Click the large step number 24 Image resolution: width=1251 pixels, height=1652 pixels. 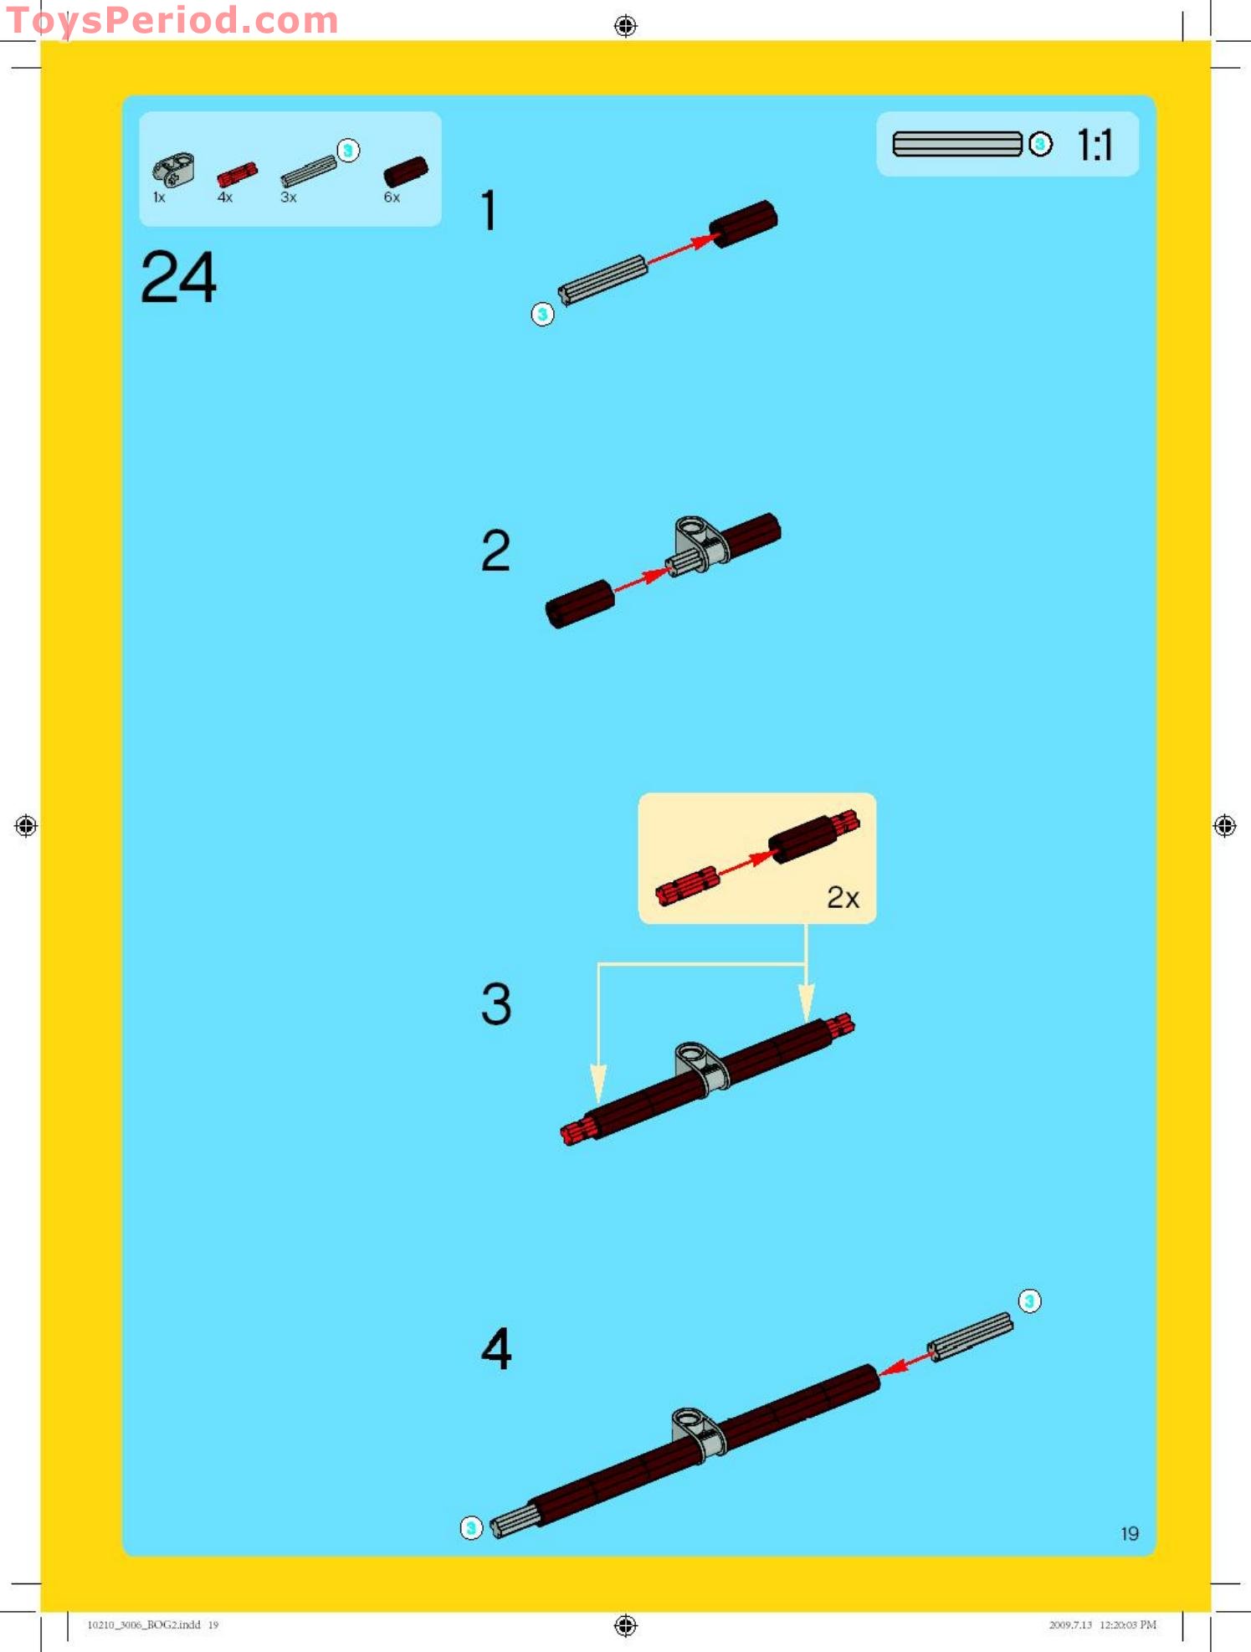pyautogui.click(x=178, y=277)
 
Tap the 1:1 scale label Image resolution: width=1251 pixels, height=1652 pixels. pyautogui.click(x=1094, y=146)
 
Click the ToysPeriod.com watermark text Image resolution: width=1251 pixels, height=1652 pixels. pyautogui.click(x=172, y=20)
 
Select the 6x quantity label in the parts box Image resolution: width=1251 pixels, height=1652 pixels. pyautogui.click(x=392, y=198)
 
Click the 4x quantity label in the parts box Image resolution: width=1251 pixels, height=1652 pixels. pyautogui.click(x=225, y=198)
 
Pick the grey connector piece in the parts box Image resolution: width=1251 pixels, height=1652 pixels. pyautogui.click(x=172, y=169)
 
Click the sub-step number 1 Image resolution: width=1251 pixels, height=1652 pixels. pyautogui.click(x=490, y=210)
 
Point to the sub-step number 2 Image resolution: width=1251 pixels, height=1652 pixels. pyautogui.click(x=495, y=551)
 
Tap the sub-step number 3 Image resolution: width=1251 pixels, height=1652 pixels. pyautogui.click(x=495, y=1003)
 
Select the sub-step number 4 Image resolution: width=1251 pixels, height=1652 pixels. pyautogui.click(x=495, y=1348)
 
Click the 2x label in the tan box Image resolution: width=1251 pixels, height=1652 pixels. pyautogui.click(x=843, y=897)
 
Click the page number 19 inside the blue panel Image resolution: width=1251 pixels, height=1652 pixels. pyautogui.click(x=1129, y=1533)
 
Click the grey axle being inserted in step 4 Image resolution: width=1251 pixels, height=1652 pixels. pyautogui.click(x=971, y=1336)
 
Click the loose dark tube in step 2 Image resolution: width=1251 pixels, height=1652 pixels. pyautogui.click(x=580, y=603)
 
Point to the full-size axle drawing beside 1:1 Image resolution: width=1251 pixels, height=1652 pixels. pyautogui.click(x=956, y=144)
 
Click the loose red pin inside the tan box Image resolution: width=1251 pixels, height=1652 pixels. pyautogui.click(x=687, y=885)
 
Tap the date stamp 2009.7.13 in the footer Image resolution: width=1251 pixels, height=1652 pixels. pyautogui.click(x=1069, y=1624)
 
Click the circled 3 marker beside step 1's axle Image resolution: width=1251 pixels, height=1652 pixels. pyautogui.click(x=542, y=314)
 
